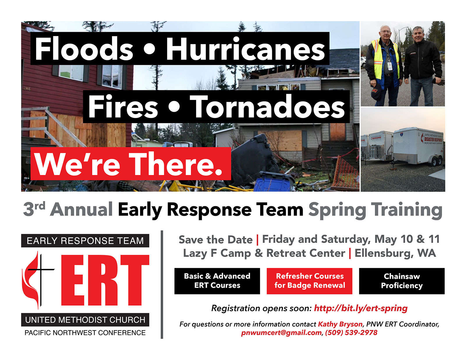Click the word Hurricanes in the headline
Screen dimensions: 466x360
click(x=245, y=49)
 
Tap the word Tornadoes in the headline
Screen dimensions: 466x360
click(x=267, y=106)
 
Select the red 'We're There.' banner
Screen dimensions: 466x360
click(x=131, y=164)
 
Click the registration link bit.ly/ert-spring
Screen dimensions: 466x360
click(x=361, y=308)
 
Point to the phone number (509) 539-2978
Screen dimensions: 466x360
click(x=351, y=333)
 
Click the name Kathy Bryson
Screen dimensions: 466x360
click(x=340, y=324)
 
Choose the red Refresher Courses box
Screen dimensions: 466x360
click(x=309, y=281)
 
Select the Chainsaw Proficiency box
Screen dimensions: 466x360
click(x=402, y=281)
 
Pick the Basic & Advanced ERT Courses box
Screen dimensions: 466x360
click(x=217, y=281)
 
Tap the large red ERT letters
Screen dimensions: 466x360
click(x=105, y=280)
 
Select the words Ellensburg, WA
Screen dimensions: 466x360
click(x=395, y=253)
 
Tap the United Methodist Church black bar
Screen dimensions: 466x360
click(x=85, y=320)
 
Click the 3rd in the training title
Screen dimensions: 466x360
click(x=34, y=209)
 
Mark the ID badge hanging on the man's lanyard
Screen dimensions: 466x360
click(x=390, y=66)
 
